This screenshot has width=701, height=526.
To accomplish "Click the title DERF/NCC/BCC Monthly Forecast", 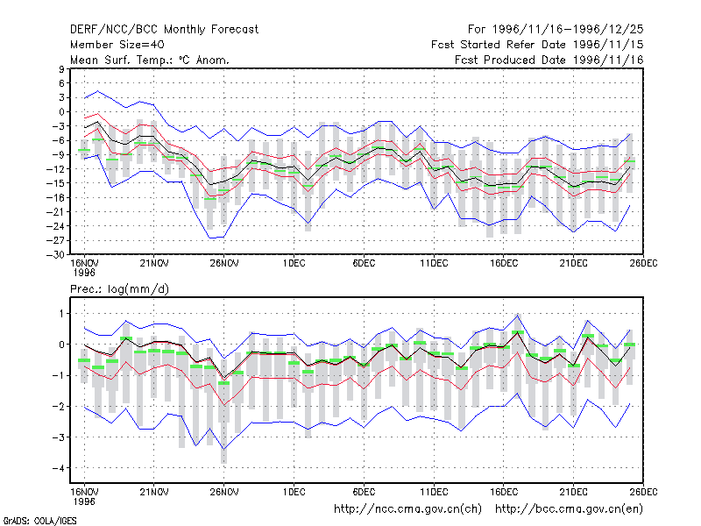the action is coord(164,30).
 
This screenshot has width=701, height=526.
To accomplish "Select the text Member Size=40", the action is coord(117,45).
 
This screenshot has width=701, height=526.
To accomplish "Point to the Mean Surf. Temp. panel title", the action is coord(149,60).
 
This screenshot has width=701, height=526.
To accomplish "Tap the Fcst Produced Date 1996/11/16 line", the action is coord(549,60).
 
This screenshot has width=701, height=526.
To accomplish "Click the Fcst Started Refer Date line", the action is coord(537,45).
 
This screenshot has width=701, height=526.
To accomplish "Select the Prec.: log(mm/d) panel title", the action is coord(119,289).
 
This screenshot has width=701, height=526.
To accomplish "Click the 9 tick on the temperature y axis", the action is coord(61,69).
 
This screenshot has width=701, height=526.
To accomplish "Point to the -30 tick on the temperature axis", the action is coord(55,255).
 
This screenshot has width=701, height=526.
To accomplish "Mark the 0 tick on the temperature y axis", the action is coord(61,112).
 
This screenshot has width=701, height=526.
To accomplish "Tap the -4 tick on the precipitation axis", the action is coord(58,468).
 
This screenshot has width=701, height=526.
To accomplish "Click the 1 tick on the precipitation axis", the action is coord(61,314).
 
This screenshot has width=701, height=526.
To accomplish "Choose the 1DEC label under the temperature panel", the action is coord(294,264).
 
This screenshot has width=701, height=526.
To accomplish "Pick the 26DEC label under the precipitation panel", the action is coord(643,492).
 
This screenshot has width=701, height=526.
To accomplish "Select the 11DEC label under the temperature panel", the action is coord(434,264).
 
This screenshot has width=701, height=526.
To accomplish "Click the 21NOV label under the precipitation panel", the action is coord(154,492).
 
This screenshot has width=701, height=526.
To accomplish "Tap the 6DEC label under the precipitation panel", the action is coord(364,492).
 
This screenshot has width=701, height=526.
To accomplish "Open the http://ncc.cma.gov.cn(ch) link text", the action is coord(407,509).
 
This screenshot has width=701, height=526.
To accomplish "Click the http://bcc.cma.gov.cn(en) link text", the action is coord(569,509).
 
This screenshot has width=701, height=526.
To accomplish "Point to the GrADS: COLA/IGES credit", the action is coord(39,521).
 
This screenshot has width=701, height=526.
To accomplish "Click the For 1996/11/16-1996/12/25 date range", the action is coord(556,30).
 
